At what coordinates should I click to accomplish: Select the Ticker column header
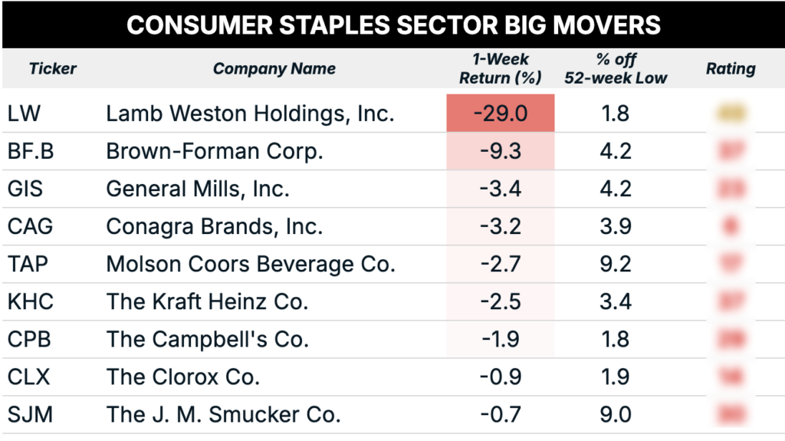point(53,68)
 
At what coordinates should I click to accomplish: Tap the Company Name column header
point(274,68)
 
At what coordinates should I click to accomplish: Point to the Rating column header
point(730,68)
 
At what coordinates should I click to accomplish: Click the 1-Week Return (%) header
point(500,68)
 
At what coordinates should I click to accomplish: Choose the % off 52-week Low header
point(615,68)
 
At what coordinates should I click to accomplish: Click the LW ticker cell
point(24,114)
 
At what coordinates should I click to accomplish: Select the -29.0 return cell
point(500,114)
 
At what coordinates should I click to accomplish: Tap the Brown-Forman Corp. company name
point(215,151)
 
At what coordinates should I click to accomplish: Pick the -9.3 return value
point(500,151)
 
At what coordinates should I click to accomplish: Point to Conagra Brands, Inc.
point(215,226)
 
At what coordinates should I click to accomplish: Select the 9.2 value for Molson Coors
point(615,264)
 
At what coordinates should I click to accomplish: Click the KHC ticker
point(31,301)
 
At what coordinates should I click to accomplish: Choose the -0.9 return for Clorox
point(500,377)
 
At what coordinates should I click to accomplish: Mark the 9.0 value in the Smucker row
point(615,414)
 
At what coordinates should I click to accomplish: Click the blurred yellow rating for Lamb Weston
point(731,114)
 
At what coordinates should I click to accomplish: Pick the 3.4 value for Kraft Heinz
point(615,301)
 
